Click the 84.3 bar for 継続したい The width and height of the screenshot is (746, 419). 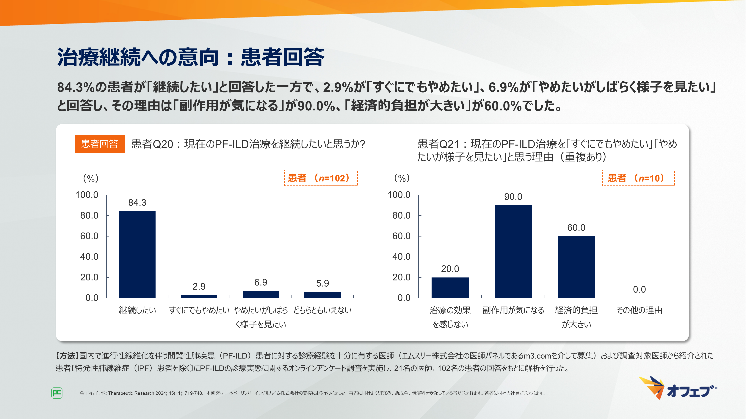tap(137, 254)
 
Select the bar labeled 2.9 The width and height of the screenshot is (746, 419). tap(199, 296)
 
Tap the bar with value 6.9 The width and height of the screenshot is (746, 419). tap(261, 294)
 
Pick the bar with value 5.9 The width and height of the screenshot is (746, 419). tap(322, 295)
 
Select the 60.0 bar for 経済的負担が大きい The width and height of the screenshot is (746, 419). tap(576, 267)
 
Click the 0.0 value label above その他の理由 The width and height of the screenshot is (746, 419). tap(639, 289)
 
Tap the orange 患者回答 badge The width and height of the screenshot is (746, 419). tap(100, 144)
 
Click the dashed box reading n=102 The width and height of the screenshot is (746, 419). tap(321, 178)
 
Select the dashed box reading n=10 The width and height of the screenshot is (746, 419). tap(638, 178)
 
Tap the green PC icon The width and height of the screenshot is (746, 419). tap(57, 393)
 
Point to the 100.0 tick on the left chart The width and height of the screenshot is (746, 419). tap(87, 195)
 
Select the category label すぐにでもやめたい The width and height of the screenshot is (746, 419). tap(199, 310)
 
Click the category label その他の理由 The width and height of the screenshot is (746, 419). tap(639, 310)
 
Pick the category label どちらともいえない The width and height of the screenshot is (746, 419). tap(322, 310)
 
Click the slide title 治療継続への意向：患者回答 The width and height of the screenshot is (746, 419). tap(191, 57)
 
